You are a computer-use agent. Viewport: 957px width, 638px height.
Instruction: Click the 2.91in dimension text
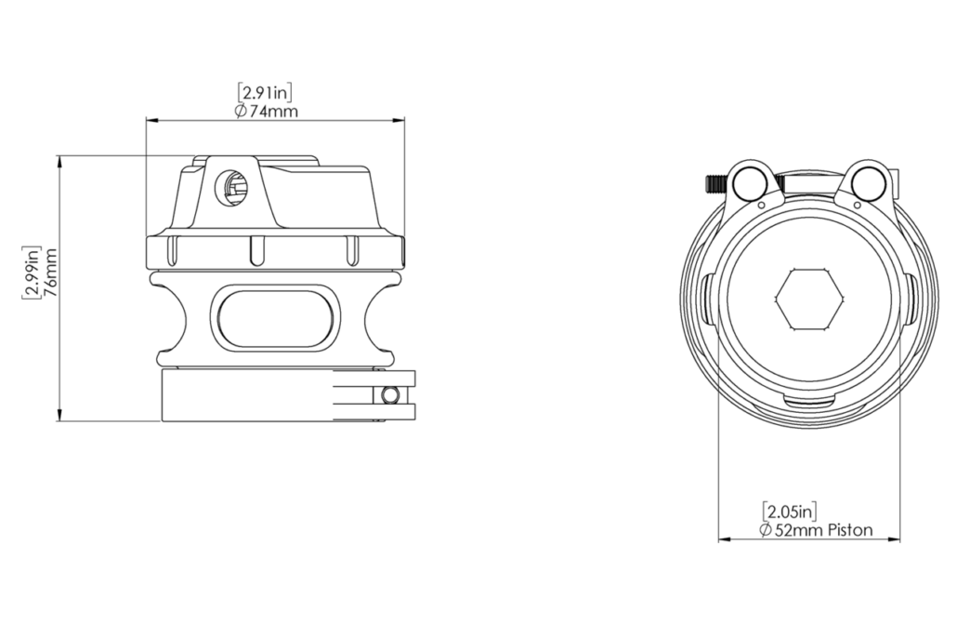point(265,93)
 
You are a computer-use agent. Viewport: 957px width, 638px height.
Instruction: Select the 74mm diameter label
point(266,112)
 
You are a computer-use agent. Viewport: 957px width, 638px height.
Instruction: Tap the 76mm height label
point(50,272)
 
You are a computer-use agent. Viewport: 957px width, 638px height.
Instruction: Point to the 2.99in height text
point(32,272)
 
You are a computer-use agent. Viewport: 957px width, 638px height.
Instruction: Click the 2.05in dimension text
point(790,511)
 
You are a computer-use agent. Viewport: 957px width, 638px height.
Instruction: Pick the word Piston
point(849,530)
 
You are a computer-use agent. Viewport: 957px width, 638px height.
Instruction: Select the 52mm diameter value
point(799,530)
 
